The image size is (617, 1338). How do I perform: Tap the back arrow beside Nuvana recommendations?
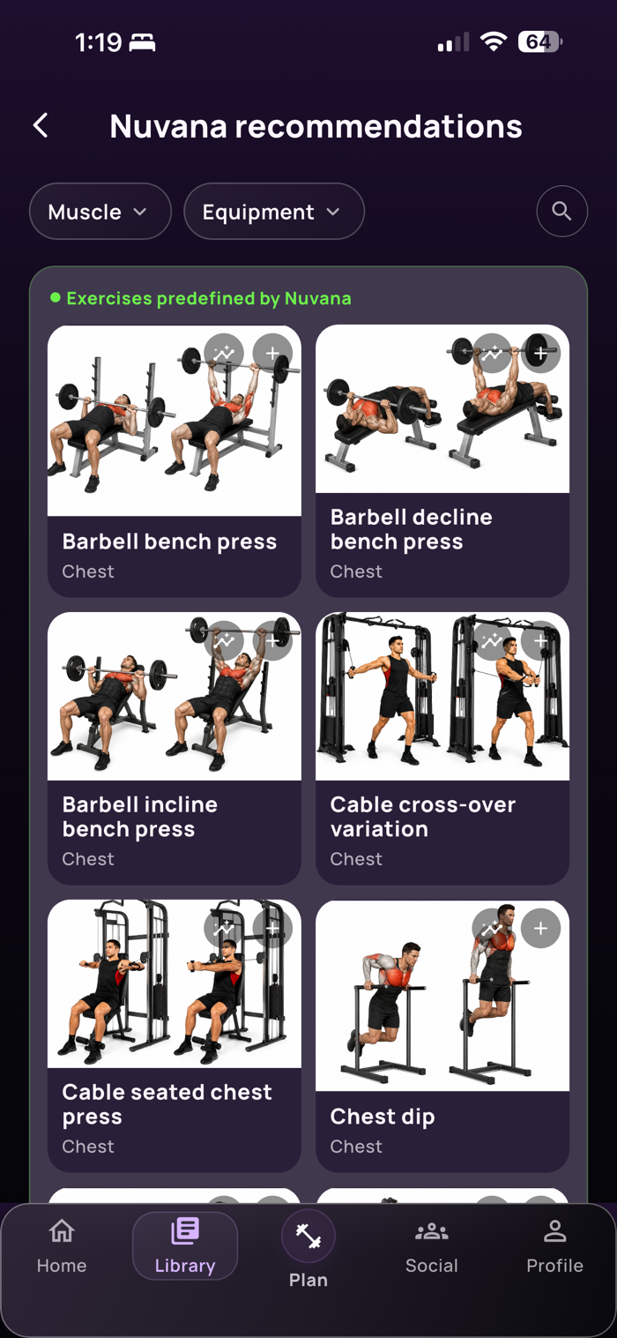(x=41, y=125)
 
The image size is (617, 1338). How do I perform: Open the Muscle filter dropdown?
(x=100, y=212)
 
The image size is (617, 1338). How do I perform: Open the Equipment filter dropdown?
(x=274, y=212)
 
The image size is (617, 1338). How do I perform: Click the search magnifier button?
(x=561, y=211)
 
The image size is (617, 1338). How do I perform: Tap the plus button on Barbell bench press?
(x=272, y=353)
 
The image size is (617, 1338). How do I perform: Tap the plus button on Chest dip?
(x=540, y=928)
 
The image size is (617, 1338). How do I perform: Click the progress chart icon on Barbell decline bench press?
(x=493, y=353)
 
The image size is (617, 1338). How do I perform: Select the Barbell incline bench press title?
(x=140, y=817)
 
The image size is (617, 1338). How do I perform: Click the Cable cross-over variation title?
(x=423, y=817)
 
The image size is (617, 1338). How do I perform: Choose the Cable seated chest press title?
(x=167, y=1104)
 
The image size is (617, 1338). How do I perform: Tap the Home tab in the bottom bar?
(x=62, y=1247)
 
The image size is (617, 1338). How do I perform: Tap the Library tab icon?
(x=185, y=1230)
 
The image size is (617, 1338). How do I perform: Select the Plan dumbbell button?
(x=308, y=1236)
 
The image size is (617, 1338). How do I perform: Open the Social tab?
(x=431, y=1247)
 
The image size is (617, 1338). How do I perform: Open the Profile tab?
(x=555, y=1247)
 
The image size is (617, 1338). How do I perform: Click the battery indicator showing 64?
(x=540, y=41)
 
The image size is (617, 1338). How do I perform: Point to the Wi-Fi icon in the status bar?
(x=494, y=41)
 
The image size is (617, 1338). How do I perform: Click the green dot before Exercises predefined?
(x=56, y=297)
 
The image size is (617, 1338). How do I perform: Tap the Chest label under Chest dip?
(x=356, y=1147)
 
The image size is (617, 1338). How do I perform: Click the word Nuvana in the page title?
(x=168, y=127)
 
